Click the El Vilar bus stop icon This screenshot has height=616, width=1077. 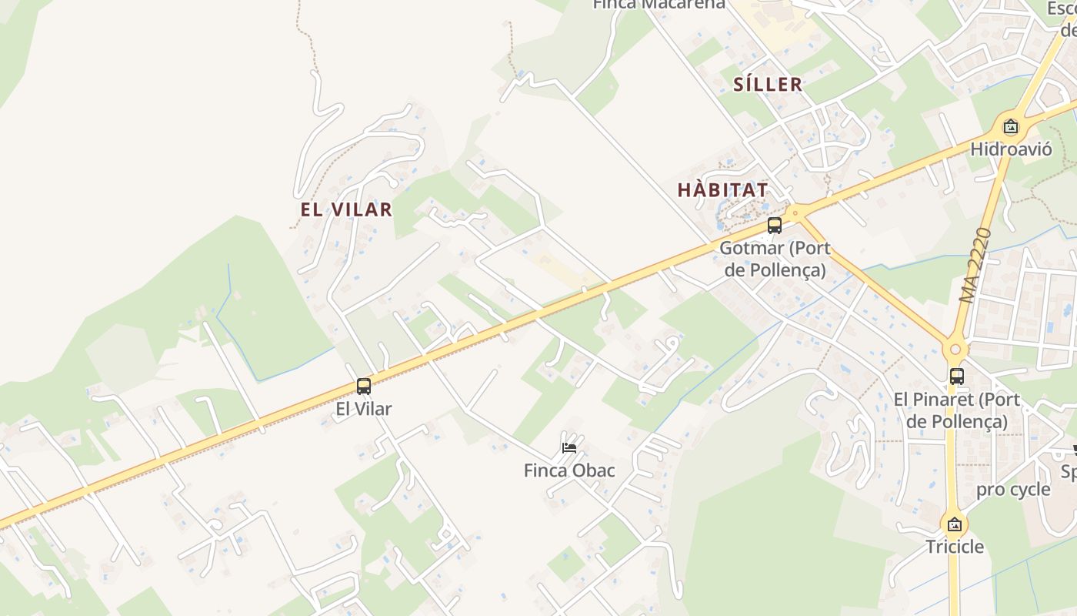click(x=364, y=387)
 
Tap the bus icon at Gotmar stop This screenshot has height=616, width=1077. click(x=775, y=226)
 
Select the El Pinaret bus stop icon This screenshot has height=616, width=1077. click(x=957, y=377)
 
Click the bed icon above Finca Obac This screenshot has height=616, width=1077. click(x=569, y=447)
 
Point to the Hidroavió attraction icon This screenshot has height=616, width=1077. click(x=1011, y=127)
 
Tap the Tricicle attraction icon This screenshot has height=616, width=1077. click(x=955, y=524)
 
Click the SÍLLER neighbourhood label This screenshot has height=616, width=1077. click(x=768, y=85)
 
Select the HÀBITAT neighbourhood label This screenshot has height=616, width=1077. click(x=722, y=189)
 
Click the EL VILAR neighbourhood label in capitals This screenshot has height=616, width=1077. click(x=346, y=209)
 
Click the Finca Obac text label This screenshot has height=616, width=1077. click(x=569, y=470)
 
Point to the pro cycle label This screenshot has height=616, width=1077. click(x=1013, y=490)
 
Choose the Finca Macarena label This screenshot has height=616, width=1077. click(x=659, y=4)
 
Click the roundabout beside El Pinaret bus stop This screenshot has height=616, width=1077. click(x=955, y=350)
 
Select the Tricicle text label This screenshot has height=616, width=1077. click(x=955, y=547)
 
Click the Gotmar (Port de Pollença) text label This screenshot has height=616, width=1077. click(x=775, y=259)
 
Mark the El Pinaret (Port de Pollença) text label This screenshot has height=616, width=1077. click(x=957, y=410)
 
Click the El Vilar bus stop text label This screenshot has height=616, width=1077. click(x=364, y=409)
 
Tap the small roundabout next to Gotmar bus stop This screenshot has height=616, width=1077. click(x=795, y=210)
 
